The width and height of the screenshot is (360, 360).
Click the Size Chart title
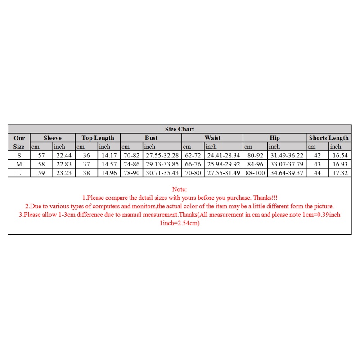pos(180,129)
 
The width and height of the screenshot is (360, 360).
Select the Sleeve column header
pos(52,138)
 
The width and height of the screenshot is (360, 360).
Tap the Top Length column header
pos(98,138)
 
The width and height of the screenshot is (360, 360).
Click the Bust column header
pos(151,138)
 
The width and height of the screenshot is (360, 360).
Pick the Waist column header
pos(212,138)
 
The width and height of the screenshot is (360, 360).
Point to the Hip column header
pos(274,138)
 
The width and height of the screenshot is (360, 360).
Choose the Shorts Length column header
pos(328,138)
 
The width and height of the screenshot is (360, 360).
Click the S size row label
pos(19,155)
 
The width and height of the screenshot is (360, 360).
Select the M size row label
pos(19,164)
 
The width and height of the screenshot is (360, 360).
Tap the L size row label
pos(19,173)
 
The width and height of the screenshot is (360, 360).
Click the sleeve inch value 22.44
pos(63,155)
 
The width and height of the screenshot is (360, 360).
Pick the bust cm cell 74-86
pos(131,164)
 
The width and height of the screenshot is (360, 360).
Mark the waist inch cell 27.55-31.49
pos(224,173)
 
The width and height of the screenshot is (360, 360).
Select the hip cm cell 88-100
pos(255,173)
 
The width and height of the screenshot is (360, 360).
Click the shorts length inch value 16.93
pos(340,164)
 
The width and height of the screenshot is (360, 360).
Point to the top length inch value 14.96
pos(109,173)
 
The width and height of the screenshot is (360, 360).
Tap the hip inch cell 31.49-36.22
pos(286,155)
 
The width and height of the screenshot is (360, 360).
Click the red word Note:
pos(180,189)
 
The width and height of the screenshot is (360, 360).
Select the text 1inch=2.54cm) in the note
pos(180,223)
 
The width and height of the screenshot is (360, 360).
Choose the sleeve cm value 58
pos(41,164)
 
